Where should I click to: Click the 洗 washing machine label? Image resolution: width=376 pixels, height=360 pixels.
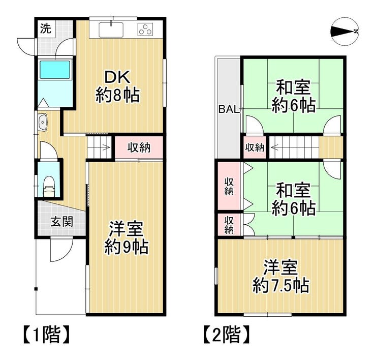(x=46, y=29)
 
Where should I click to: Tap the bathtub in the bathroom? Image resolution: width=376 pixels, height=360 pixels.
(x=55, y=70)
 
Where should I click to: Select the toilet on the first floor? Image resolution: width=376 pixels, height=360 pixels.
(x=49, y=187)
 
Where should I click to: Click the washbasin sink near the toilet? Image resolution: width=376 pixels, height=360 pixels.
(x=43, y=122)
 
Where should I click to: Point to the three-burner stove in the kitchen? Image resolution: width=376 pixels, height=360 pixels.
(x=145, y=29)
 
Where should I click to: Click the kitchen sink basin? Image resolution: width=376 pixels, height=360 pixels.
(x=111, y=30)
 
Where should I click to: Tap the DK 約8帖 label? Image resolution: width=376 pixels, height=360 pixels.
(x=118, y=86)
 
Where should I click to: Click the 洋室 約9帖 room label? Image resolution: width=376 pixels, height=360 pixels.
(x=127, y=238)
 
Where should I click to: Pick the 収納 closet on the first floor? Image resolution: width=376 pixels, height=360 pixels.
(x=139, y=147)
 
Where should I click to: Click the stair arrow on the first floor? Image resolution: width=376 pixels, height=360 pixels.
(x=106, y=147)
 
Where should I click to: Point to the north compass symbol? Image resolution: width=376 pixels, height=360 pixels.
(x=344, y=31)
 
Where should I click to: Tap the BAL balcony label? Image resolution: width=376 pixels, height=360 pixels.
(x=229, y=109)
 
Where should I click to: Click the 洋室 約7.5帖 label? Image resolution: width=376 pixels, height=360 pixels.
(x=281, y=276)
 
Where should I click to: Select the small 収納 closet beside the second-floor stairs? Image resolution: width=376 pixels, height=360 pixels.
(x=255, y=147)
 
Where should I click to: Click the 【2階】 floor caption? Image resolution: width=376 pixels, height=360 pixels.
(x=227, y=334)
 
